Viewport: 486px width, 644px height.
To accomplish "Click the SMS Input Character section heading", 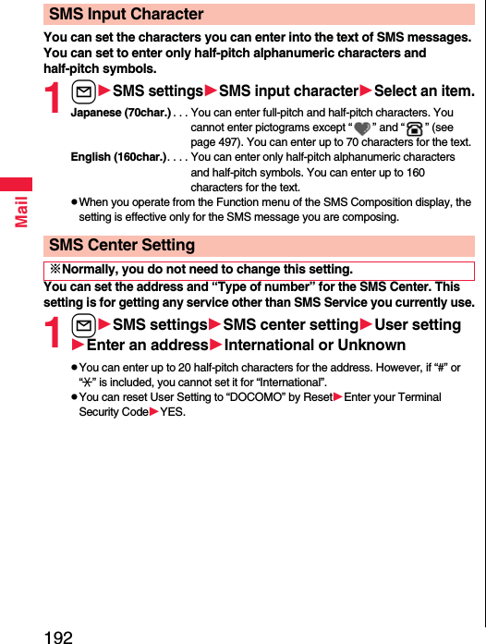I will tap(126, 14).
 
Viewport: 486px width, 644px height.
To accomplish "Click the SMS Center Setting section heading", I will tap(121, 245).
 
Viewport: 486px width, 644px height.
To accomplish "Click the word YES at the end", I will tap(173, 412).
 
